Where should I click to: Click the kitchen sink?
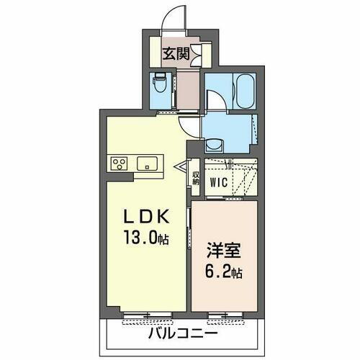click(150, 163)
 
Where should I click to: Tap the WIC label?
click(219, 182)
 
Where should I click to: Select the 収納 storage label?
click(195, 178)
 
